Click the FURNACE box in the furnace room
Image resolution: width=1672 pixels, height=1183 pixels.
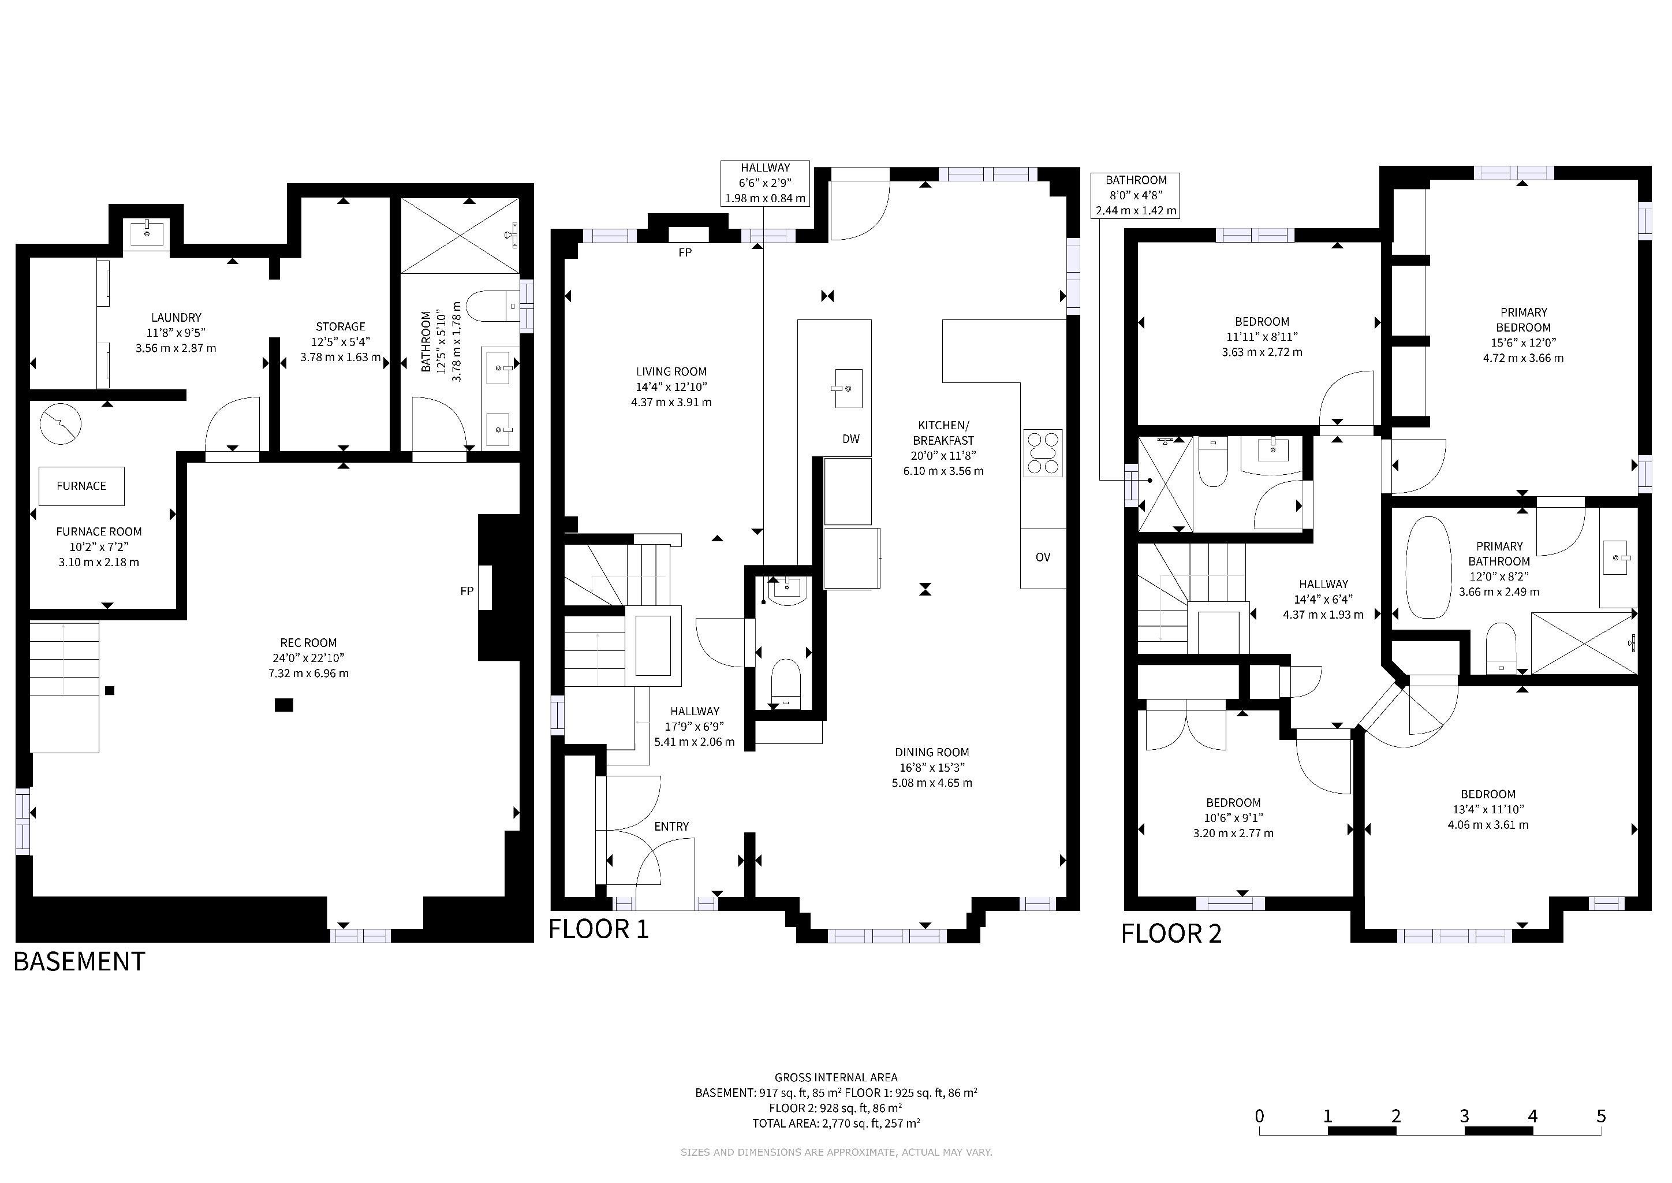click(81, 486)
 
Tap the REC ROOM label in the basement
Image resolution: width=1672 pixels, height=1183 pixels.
click(309, 642)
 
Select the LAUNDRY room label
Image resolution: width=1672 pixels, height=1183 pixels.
click(176, 318)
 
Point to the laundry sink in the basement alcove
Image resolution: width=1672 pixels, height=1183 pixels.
click(147, 234)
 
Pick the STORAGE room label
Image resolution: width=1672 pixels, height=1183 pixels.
click(341, 327)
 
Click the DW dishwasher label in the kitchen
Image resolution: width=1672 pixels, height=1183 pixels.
click(850, 438)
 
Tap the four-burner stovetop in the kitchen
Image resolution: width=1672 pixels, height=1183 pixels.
click(1043, 453)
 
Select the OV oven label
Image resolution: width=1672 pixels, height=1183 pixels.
click(1043, 557)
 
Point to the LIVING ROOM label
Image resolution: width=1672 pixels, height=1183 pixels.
click(671, 371)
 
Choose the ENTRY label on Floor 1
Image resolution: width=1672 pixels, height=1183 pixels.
click(671, 826)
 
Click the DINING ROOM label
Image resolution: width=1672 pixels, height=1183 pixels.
click(932, 753)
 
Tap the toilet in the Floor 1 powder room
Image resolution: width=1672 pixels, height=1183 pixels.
click(786, 683)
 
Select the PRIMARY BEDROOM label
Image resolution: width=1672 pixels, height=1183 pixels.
click(1524, 320)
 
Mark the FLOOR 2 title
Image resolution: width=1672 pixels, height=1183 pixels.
click(1171, 934)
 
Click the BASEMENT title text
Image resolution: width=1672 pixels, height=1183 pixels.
click(79, 962)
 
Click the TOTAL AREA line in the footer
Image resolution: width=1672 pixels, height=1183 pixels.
click(836, 1124)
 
